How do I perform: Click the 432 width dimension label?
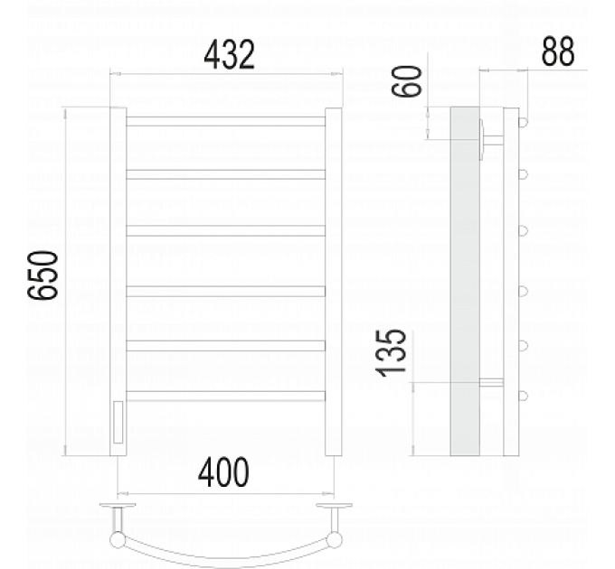[x=230, y=55]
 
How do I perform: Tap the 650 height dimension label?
[x=43, y=275]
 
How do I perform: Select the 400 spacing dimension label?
[x=223, y=472]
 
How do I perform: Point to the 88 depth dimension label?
[x=558, y=51]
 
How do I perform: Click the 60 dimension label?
[x=407, y=81]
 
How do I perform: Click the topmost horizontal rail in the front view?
[x=225, y=121]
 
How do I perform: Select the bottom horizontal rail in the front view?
[x=225, y=396]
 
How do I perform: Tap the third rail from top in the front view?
[x=225, y=230]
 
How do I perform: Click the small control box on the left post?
[x=118, y=422]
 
